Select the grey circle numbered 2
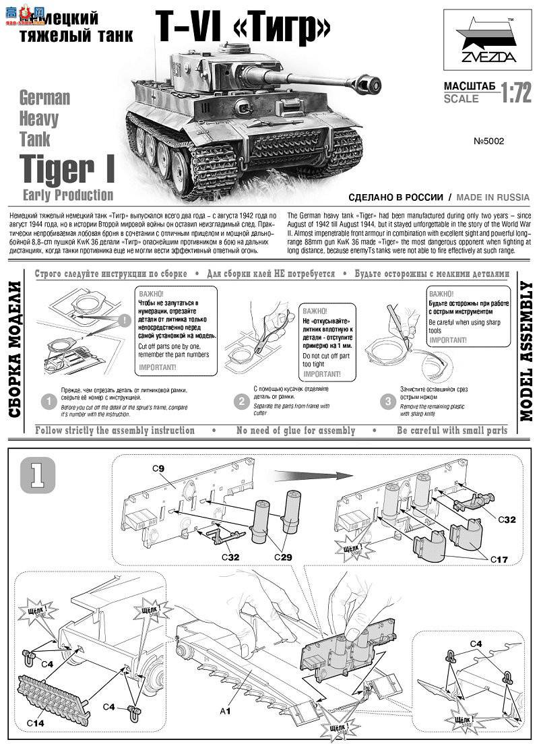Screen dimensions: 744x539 click(241, 402)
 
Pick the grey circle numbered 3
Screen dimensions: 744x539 click(387, 402)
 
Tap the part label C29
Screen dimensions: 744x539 click(284, 557)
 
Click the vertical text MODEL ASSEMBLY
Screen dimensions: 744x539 click(526, 351)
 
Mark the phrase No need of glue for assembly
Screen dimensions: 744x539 click(295, 431)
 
